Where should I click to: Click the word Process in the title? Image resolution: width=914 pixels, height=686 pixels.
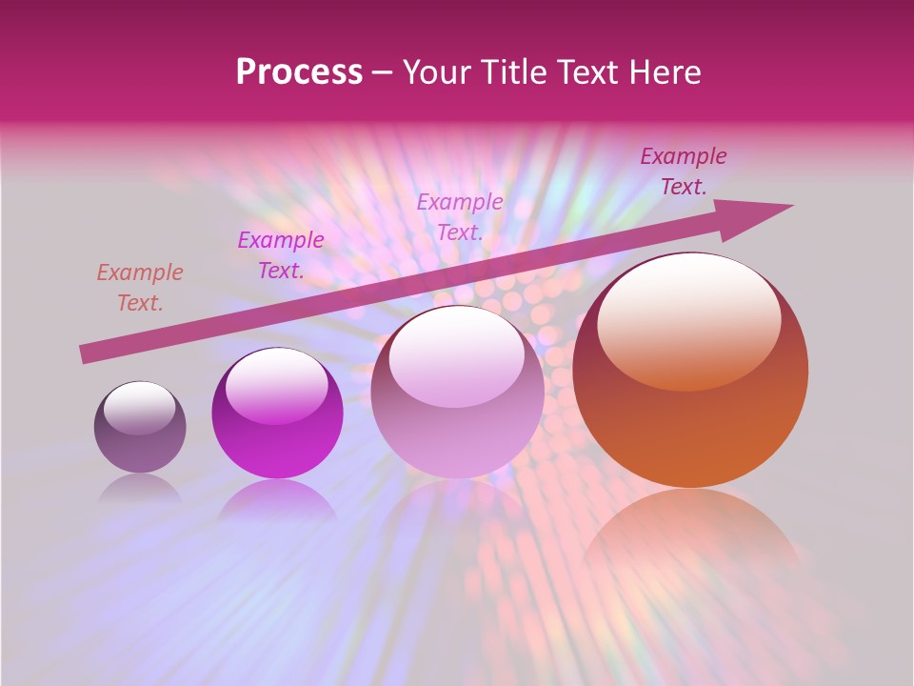click(x=299, y=72)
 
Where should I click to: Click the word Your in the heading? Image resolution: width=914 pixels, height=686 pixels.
click(x=437, y=72)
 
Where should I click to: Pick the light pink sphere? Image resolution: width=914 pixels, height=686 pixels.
click(x=458, y=405)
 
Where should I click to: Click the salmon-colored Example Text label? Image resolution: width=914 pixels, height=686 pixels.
click(x=140, y=288)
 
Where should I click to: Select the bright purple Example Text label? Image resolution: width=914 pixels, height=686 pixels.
click(x=281, y=255)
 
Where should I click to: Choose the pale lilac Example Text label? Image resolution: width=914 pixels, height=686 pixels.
click(x=460, y=217)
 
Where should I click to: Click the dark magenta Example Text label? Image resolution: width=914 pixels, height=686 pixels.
click(x=684, y=171)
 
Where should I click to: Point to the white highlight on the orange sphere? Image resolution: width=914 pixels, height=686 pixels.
click(x=689, y=319)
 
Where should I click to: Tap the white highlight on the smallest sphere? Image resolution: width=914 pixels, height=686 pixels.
click(x=139, y=405)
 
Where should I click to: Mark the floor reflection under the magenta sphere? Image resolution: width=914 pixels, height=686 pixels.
click(x=277, y=499)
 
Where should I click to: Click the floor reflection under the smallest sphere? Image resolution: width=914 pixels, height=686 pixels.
click(x=140, y=487)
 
